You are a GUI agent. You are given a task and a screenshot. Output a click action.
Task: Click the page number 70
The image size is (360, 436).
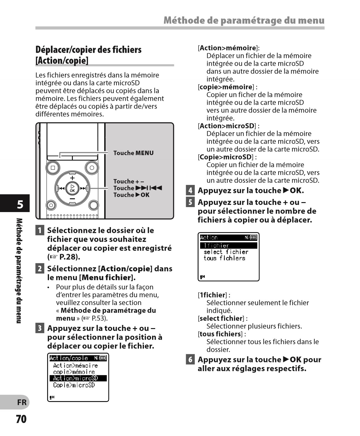tap(21, 419)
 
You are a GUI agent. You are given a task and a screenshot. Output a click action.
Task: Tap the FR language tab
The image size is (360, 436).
tap(22, 402)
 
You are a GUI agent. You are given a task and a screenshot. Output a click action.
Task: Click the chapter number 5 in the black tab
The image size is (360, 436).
tap(20, 205)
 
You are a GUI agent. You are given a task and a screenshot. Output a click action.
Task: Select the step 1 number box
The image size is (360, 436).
tap(40, 230)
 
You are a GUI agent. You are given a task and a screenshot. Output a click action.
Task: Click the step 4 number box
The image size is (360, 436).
tap(190, 190)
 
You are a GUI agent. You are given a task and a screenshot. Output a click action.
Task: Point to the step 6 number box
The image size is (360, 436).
tap(190, 360)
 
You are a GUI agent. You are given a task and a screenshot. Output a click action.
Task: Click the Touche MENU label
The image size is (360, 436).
tap(133, 153)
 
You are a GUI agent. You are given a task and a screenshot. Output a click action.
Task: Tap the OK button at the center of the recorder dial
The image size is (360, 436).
tap(72, 188)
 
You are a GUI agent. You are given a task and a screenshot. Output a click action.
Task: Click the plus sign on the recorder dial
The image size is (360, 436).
tap(72, 178)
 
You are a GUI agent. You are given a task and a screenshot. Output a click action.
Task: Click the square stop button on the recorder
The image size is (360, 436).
tap(53, 168)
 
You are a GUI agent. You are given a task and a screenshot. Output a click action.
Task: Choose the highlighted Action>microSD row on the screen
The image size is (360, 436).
tap(78, 378)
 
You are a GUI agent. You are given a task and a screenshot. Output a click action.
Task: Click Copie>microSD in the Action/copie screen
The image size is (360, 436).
tap(74, 385)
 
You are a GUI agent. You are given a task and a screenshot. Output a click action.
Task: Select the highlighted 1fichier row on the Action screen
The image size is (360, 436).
tap(228, 246)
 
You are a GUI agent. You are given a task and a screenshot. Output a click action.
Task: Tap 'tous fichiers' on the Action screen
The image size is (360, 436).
tap(224, 258)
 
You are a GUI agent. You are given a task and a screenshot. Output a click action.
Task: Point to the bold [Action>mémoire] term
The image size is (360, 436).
tap(228, 48)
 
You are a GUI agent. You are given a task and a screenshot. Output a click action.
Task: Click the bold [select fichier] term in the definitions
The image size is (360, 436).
tap(221, 318)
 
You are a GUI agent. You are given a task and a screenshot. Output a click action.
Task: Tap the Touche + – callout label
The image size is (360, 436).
tap(129, 182)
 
